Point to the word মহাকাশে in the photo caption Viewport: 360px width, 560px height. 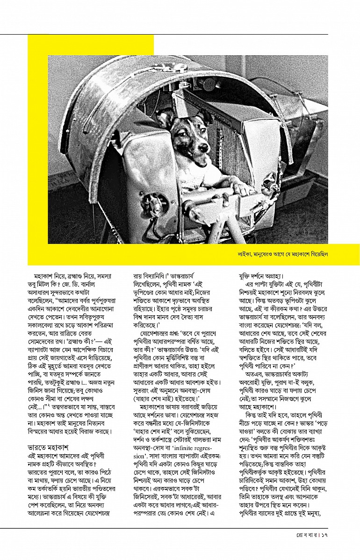pos(301,255)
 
